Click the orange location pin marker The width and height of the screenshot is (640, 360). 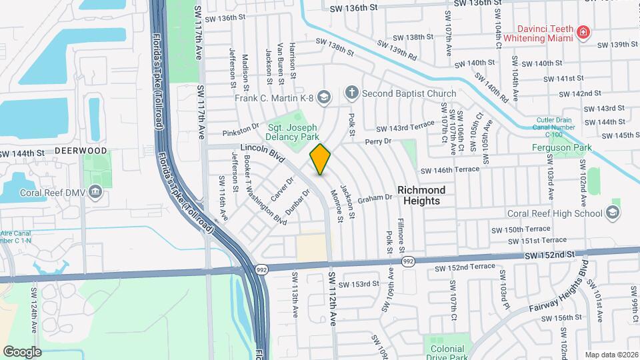click(x=321, y=159)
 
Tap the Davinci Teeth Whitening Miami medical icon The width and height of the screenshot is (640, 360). click(x=583, y=32)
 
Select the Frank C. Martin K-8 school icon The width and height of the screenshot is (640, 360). click(x=324, y=98)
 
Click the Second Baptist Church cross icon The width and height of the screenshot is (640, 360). click(x=352, y=93)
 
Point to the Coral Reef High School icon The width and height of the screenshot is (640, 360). click(x=613, y=213)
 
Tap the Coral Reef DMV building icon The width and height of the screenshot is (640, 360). click(x=95, y=193)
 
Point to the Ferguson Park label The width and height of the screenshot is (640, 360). click(x=557, y=147)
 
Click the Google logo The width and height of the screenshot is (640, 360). click(x=23, y=351)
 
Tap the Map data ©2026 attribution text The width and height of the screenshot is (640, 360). click(x=611, y=354)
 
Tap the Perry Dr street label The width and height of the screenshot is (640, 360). click(x=377, y=141)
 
